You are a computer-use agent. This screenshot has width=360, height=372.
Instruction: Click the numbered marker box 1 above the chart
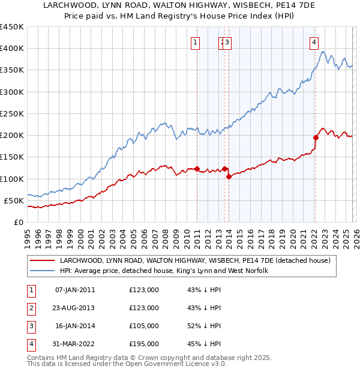(x=196, y=42)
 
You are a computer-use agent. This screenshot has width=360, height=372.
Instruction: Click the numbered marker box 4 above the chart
(x=314, y=42)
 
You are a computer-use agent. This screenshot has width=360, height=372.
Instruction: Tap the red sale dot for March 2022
(x=316, y=137)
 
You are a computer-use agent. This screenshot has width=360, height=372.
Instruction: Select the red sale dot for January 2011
(x=197, y=169)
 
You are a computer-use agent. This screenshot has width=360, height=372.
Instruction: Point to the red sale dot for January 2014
(x=229, y=176)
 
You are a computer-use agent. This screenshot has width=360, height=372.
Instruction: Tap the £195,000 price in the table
(x=144, y=344)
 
